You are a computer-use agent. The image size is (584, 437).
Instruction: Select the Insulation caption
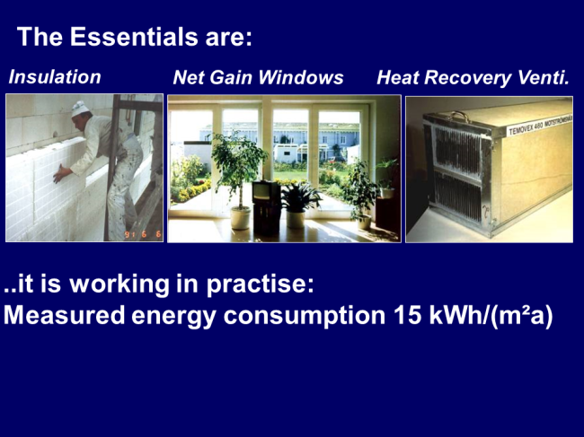click(55, 77)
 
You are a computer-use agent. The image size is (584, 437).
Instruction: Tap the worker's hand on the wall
click(59, 174)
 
